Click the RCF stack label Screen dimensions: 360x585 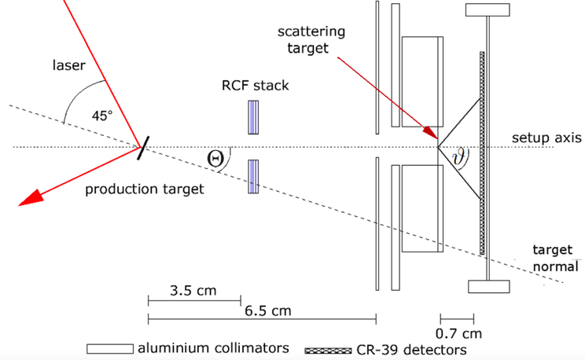tap(256, 85)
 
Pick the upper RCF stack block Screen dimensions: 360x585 tap(253, 118)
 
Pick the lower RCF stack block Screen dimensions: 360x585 tap(253, 176)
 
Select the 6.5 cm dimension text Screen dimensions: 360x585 tap(266, 310)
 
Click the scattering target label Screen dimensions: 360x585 tap(311, 39)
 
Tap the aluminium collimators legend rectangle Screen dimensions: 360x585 tap(110, 347)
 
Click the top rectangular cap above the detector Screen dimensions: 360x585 tap(489, 9)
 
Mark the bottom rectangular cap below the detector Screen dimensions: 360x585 tap(489, 285)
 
